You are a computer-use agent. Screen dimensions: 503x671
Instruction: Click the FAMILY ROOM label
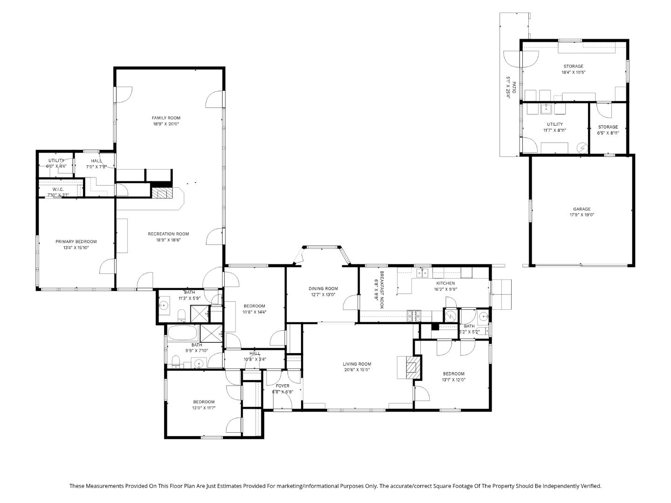166,118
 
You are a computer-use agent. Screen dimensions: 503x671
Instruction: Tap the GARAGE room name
582,209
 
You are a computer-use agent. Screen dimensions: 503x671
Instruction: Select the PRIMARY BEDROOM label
76,242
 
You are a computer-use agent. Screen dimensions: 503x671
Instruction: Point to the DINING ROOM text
323,289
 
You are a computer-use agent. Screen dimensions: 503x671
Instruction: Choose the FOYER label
282,386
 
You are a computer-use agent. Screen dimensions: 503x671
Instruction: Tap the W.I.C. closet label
58,189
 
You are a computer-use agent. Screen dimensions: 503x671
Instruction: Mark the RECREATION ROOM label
168,234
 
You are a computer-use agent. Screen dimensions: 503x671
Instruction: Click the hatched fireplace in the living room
411,367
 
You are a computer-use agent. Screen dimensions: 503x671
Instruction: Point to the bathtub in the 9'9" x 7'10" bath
183,333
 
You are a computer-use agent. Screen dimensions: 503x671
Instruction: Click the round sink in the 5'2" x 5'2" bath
483,317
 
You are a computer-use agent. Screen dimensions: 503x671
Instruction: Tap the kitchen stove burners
413,316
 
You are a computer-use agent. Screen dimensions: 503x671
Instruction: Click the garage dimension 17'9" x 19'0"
582,215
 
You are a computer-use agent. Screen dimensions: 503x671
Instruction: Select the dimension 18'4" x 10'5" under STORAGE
573,72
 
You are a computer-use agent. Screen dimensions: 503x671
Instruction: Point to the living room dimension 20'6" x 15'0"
357,370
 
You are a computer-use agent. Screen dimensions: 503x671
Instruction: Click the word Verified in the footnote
590,486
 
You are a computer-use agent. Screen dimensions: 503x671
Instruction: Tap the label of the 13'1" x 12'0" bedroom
453,374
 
